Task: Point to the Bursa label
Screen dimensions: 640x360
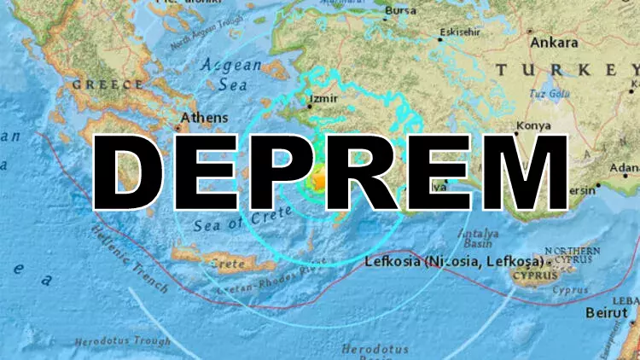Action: (399, 12)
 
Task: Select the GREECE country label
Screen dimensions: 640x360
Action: (108, 84)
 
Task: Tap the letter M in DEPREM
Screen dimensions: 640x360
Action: (521, 171)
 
